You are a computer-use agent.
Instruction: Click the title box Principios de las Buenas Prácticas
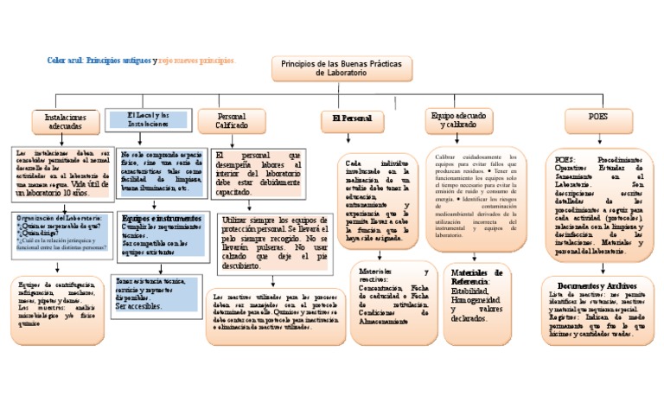point(342,70)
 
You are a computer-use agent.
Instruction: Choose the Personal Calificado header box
point(231,120)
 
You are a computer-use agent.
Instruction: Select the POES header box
point(597,117)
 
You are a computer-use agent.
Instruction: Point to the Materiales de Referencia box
point(477,295)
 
